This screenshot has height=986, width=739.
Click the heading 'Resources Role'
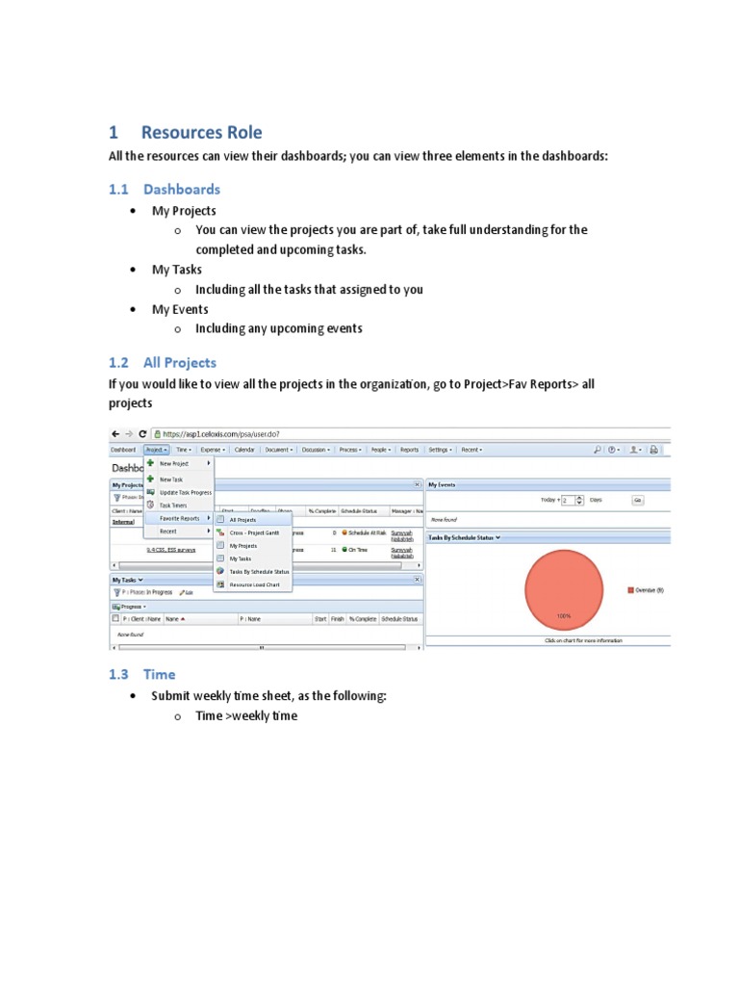pos(201,133)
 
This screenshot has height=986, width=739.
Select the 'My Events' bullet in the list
pos(180,309)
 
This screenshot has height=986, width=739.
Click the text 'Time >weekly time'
pos(246,715)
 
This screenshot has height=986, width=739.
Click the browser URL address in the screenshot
pos(220,434)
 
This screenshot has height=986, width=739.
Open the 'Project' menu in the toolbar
pos(156,450)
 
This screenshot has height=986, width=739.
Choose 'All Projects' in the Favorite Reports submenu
pos(242,520)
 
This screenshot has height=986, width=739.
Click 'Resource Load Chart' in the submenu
pos(255,584)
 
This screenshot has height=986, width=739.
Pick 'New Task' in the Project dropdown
pos(170,479)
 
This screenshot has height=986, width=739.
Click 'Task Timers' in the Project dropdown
pos(173,505)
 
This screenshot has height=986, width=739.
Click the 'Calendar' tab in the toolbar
pos(244,450)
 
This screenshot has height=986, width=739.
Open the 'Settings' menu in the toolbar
pos(440,450)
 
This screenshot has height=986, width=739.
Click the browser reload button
pos(143,434)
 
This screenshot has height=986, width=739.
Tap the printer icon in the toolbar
pos(653,450)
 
